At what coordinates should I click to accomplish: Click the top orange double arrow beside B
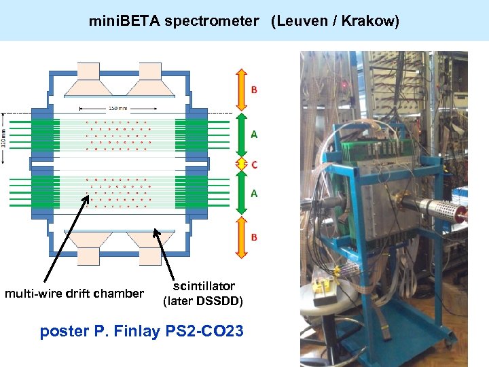(x=240, y=89)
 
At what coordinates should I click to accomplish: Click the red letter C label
(x=255, y=164)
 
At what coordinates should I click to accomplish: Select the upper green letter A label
(x=254, y=135)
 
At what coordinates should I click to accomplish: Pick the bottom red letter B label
(x=254, y=237)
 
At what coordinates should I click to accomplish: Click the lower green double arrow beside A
(x=240, y=193)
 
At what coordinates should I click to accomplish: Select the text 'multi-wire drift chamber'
(x=74, y=294)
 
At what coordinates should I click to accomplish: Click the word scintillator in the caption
(x=204, y=286)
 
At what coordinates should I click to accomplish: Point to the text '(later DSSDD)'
(x=203, y=301)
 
